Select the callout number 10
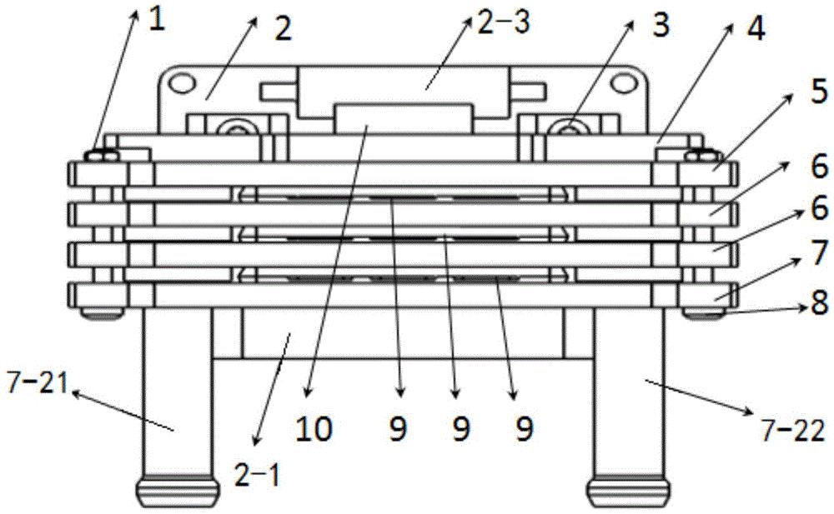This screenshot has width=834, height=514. tap(315, 428)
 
